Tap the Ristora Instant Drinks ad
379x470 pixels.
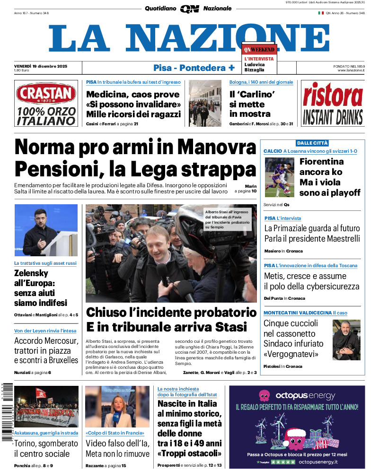click(x=333, y=103)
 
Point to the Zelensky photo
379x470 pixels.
click(x=46, y=230)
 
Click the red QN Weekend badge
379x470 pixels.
click(x=259, y=49)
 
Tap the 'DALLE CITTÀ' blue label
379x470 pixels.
click(x=312, y=143)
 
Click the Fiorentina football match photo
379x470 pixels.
click(x=279, y=177)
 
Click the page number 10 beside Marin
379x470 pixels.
click(x=254, y=191)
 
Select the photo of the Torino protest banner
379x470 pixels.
click(x=46, y=407)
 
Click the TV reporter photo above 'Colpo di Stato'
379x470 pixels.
click(x=116, y=407)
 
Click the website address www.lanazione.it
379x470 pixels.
click(x=351, y=70)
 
